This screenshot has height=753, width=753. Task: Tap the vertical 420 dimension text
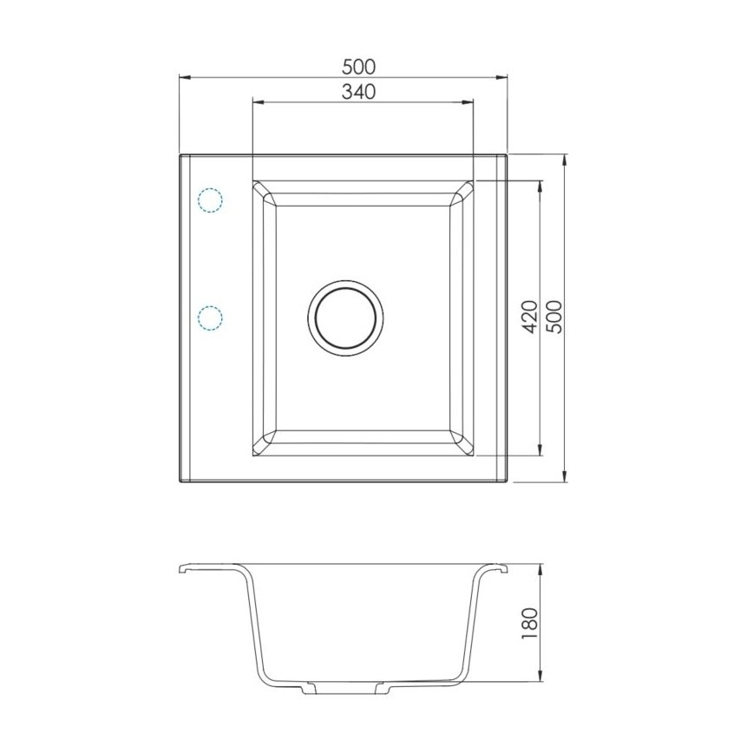coord(531,317)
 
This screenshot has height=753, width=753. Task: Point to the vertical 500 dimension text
coord(555,317)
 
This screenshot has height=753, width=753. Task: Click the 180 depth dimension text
coord(531,624)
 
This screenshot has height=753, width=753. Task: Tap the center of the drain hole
coord(344,318)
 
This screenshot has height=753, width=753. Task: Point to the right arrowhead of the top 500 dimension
coord(504,77)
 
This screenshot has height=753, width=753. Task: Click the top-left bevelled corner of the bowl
coord(265,194)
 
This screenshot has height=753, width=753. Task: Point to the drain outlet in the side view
coord(344,692)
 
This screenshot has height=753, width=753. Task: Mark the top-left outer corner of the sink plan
coord(180,156)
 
